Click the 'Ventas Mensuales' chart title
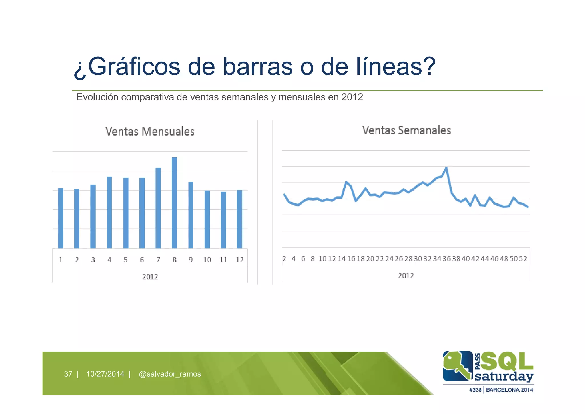pyautogui.click(x=150, y=132)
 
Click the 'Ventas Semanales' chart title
pyautogui.click(x=406, y=130)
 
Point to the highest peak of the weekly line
pyautogui.click(x=446, y=168)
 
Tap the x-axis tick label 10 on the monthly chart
pyautogui.click(x=207, y=260)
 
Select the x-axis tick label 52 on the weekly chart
pyautogui.click(x=523, y=259)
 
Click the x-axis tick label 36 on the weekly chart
pyautogui.click(x=446, y=259)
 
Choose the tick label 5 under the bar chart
pyautogui.click(x=125, y=260)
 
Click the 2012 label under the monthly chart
pyautogui.click(x=150, y=277)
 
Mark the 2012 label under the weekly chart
pyautogui.click(x=406, y=276)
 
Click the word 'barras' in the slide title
pyautogui.click(x=257, y=67)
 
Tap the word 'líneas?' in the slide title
pyautogui.click(x=396, y=67)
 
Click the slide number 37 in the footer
pyautogui.click(x=68, y=374)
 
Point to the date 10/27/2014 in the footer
pyautogui.click(x=105, y=374)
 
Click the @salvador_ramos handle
pyautogui.click(x=170, y=374)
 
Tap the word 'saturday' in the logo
pyautogui.click(x=504, y=376)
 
